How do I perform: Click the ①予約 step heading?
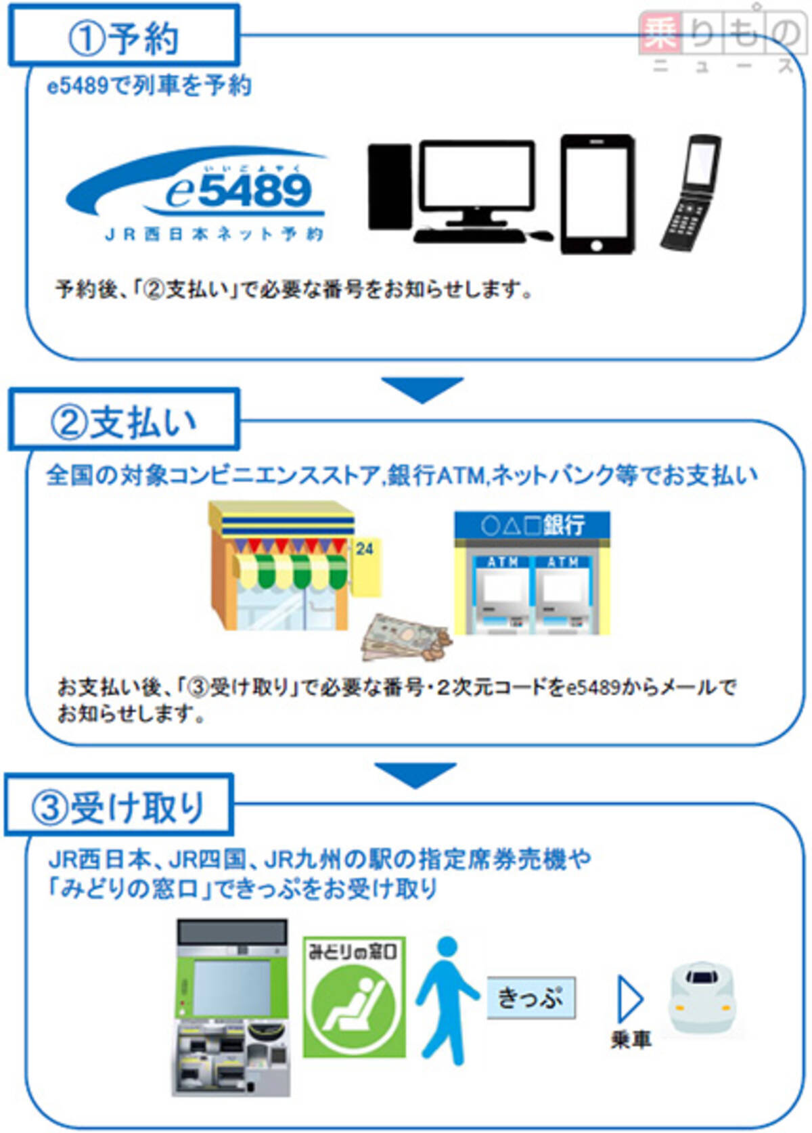tap(123, 37)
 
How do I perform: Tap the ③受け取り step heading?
tap(118, 806)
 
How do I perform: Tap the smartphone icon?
tap(597, 194)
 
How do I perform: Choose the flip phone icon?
tap(691, 193)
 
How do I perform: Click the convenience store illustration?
tap(284, 566)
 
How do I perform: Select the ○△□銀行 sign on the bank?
tap(533, 525)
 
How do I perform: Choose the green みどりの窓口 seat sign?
tap(354, 996)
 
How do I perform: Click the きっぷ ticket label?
tap(531, 998)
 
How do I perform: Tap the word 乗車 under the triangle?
tap(631, 1040)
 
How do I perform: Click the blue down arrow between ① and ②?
tap(422, 388)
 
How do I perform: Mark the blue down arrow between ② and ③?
tap(415, 774)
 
